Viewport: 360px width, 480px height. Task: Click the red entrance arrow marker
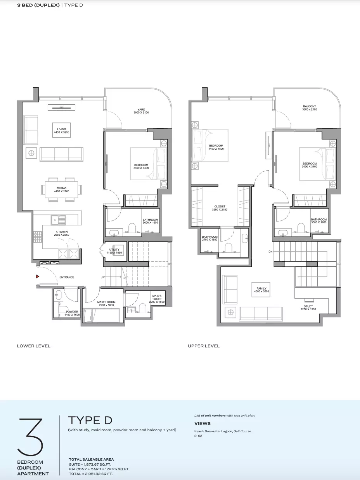pos(37,276)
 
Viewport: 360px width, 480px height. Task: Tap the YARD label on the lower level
pos(141,109)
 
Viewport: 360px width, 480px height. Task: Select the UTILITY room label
pos(114,250)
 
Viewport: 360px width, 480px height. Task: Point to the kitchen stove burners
pos(38,237)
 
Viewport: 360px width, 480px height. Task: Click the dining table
pos(61,190)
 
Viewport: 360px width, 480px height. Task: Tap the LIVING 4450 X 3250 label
pos(61,131)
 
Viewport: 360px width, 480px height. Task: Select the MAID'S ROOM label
pos(106,302)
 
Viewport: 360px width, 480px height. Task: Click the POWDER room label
pos(72,312)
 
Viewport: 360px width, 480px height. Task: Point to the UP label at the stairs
pos(102,277)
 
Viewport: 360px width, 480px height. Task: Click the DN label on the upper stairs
pos(270,252)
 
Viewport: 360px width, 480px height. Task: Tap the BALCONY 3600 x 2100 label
pos(310,108)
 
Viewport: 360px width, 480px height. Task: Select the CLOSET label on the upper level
pos(220,206)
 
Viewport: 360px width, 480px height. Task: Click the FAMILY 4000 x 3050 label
pos(261,290)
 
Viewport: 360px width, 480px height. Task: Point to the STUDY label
pos(308,306)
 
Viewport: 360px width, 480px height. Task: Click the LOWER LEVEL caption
pos(34,346)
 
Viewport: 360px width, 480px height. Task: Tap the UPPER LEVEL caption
pos(204,346)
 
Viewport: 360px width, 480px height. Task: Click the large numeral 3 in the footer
pos(30,437)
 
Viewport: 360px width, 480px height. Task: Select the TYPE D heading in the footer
pos(90,420)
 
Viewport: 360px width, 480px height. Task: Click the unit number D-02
pos(198,436)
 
